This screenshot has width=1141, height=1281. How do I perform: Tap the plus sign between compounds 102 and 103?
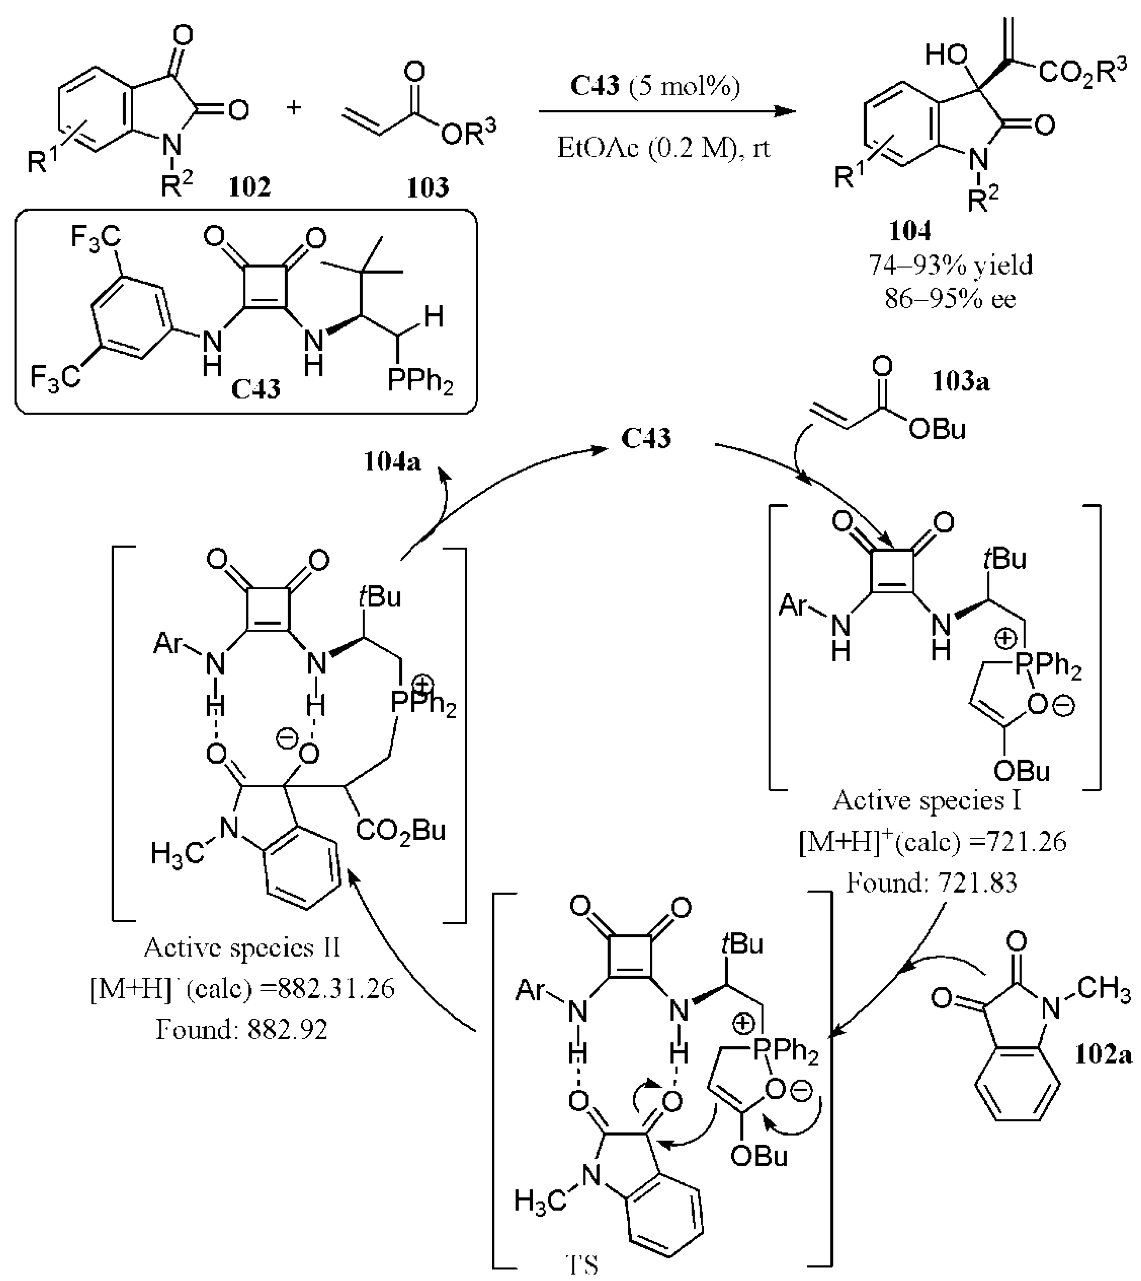pyautogui.click(x=294, y=107)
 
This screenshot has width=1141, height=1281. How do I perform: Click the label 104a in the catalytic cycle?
pyautogui.click(x=392, y=462)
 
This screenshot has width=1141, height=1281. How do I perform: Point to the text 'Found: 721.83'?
pyautogui.click(x=931, y=883)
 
